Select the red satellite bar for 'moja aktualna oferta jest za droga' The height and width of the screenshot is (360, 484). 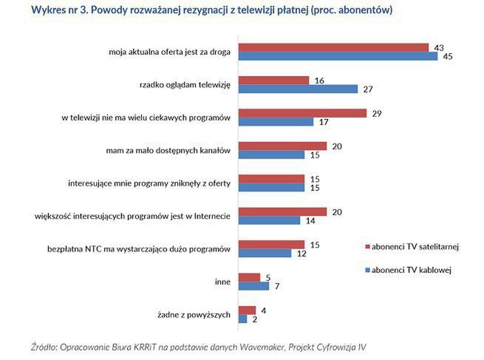[x=333, y=48]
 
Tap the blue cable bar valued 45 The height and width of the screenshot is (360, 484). [x=337, y=57]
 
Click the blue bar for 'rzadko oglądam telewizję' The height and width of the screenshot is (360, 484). [x=298, y=89]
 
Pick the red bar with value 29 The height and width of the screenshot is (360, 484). [x=302, y=113]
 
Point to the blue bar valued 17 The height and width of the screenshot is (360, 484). [x=276, y=122]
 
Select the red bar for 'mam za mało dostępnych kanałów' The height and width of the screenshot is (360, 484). [x=282, y=146]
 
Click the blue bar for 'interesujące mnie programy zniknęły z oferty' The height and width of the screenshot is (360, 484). [x=271, y=188]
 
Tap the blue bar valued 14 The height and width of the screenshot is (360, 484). [x=269, y=220]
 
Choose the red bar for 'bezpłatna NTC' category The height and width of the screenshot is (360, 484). [x=271, y=244]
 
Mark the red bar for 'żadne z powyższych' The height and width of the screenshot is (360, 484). [x=247, y=310]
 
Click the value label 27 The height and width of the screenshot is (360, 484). [x=367, y=89]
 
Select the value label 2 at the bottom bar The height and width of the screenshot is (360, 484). [x=255, y=319]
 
